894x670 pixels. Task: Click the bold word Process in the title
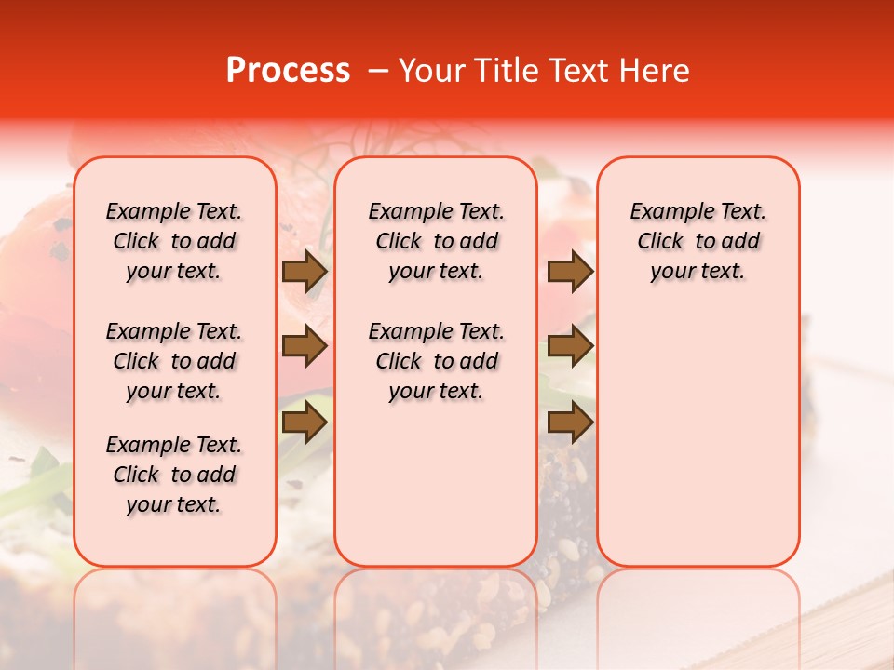pyautogui.click(x=288, y=71)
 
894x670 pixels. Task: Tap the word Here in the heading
pyautogui.click(x=656, y=71)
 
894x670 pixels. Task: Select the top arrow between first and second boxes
pyautogui.click(x=305, y=272)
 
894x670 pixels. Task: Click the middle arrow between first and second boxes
pyautogui.click(x=305, y=347)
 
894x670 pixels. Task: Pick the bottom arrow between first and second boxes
pyautogui.click(x=305, y=423)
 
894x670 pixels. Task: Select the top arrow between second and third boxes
pyautogui.click(x=570, y=272)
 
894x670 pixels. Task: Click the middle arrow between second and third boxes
pyautogui.click(x=570, y=347)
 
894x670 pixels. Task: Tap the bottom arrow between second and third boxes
pyautogui.click(x=570, y=423)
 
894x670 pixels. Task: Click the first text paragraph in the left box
pyautogui.click(x=174, y=241)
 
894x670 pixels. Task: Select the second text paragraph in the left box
pyautogui.click(x=174, y=361)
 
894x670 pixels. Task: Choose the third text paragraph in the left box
pyautogui.click(x=174, y=475)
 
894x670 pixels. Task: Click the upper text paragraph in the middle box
pyautogui.click(x=436, y=241)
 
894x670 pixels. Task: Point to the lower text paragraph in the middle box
pyautogui.click(x=436, y=361)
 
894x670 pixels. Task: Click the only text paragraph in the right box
pyautogui.click(x=698, y=241)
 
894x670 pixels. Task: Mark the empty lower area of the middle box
pyautogui.click(x=436, y=484)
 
